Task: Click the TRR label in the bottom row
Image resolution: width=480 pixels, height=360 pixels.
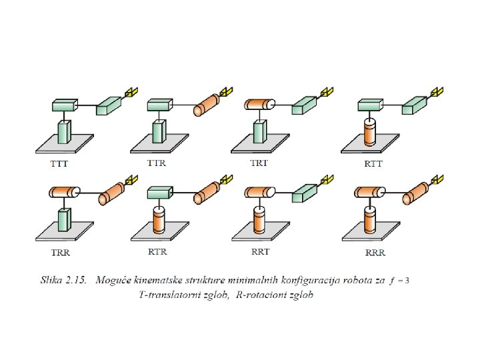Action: tap(61, 254)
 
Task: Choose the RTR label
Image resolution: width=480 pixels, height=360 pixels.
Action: tap(157, 252)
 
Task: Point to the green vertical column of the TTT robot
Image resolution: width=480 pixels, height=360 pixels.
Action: tap(64, 131)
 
